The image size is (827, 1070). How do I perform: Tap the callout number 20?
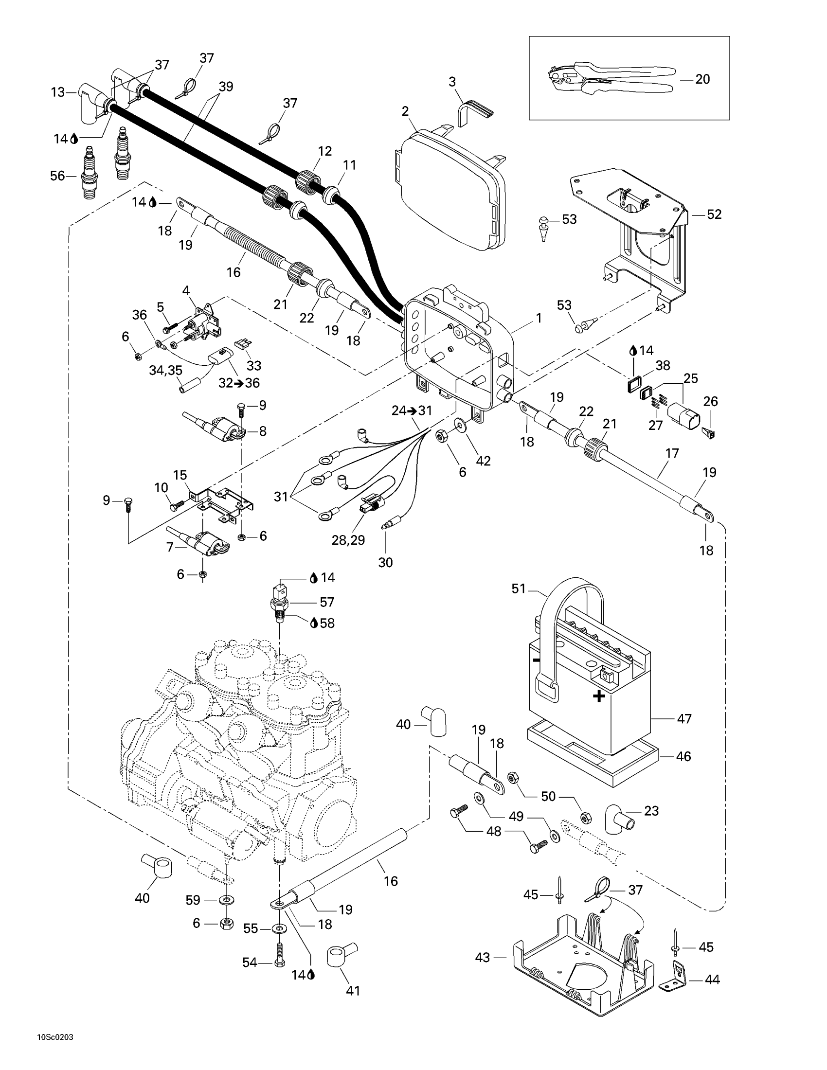coord(702,79)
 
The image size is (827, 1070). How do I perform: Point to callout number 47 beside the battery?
coord(684,719)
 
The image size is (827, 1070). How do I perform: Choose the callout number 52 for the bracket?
coord(714,214)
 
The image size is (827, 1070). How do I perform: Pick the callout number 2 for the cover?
coord(405,111)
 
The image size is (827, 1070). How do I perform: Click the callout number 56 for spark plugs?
coord(57,176)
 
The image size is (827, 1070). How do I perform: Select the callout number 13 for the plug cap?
coord(58,92)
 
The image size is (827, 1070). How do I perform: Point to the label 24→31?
coord(412,410)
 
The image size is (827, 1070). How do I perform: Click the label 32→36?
coord(239,383)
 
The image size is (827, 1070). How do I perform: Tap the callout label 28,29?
coord(348,540)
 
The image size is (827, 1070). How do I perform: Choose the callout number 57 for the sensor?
coord(327,602)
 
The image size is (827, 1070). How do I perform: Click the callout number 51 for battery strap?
coord(519,588)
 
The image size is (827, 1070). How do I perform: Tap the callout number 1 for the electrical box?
coord(539,319)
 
